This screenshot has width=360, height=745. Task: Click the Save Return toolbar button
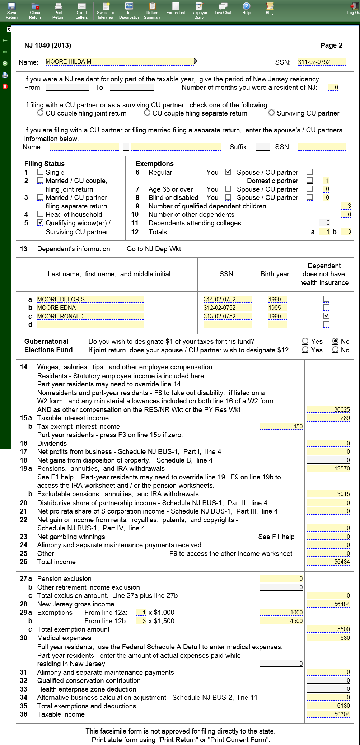point(11,10)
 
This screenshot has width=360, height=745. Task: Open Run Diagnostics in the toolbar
point(129,10)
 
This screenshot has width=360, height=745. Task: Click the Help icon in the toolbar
point(246,8)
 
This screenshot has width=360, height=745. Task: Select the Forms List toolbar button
point(176,8)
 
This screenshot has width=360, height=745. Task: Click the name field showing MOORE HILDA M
point(120,62)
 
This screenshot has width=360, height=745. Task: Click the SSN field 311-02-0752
point(322,62)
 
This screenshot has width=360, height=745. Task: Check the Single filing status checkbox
point(41,172)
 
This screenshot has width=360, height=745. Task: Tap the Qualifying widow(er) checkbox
point(41,223)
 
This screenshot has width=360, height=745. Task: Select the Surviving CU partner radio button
point(272,113)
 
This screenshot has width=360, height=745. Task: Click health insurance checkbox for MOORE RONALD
point(326,316)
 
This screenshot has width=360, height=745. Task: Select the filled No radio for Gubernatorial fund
point(336,341)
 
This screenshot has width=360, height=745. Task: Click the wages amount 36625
point(328,410)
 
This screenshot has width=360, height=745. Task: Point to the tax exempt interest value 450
point(281,427)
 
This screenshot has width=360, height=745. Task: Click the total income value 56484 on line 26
point(328,562)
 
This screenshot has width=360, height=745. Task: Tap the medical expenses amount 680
point(328,638)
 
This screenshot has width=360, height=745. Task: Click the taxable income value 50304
point(328,714)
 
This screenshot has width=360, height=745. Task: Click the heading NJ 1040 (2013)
point(48,46)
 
